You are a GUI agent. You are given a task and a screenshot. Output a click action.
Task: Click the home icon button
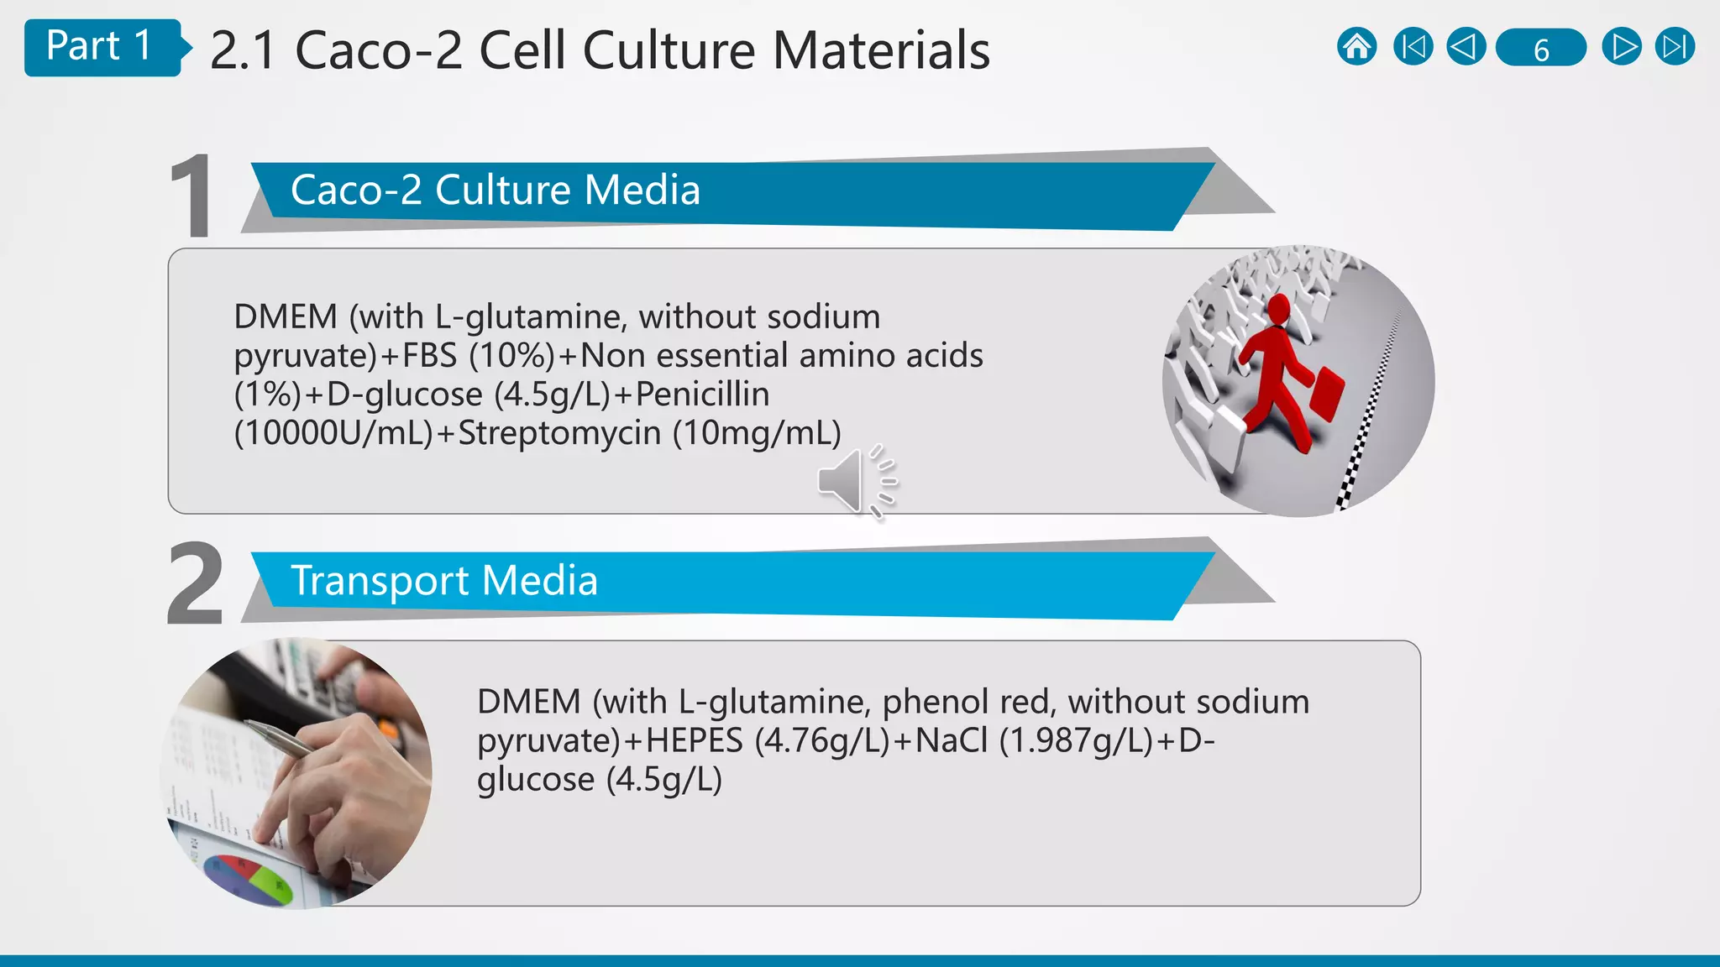point(1356,47)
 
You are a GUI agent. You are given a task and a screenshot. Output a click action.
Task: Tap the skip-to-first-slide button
point(1413,47)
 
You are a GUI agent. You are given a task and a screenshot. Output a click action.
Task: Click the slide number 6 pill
point(1541,48)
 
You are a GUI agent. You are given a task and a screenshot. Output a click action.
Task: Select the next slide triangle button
point(1621,47)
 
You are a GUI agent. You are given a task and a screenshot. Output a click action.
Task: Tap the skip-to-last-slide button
point(1675,47)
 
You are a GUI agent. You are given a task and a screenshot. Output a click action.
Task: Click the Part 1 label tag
point(99,47)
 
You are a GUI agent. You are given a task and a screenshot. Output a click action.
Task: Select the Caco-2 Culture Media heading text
point(496,190)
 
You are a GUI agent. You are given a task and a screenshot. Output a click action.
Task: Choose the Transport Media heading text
point(444,580)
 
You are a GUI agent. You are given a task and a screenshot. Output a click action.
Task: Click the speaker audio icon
point(855,481)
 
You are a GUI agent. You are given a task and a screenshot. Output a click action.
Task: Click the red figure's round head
point(1278,308)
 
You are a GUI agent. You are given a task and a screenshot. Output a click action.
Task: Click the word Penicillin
point(702,394)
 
